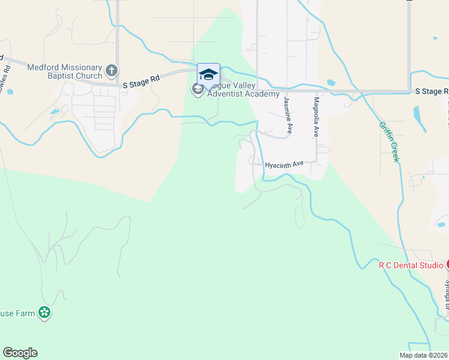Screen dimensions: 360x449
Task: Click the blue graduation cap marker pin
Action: click(208, 75)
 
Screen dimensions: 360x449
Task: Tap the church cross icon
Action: click(111, 71)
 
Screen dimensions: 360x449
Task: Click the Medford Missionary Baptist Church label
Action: click(65, 71)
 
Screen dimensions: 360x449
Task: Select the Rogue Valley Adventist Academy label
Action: click(243, 90)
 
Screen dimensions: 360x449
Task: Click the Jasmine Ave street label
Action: click(288, 115)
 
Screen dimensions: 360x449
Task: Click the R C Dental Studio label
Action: click(410, 265)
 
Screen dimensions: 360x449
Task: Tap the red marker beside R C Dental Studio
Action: click(446, 265)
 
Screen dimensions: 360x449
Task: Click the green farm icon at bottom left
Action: click(44, 312)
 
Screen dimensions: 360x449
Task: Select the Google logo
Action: click(20, 353)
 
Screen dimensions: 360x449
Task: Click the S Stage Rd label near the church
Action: click(141, 86)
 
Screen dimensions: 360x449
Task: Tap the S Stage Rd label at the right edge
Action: click(432, 91)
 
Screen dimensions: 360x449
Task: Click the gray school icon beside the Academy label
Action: click(197, 90)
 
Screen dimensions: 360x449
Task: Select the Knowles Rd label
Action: click(5, 76)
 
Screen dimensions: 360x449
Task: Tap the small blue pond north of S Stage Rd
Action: click(331, 83)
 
